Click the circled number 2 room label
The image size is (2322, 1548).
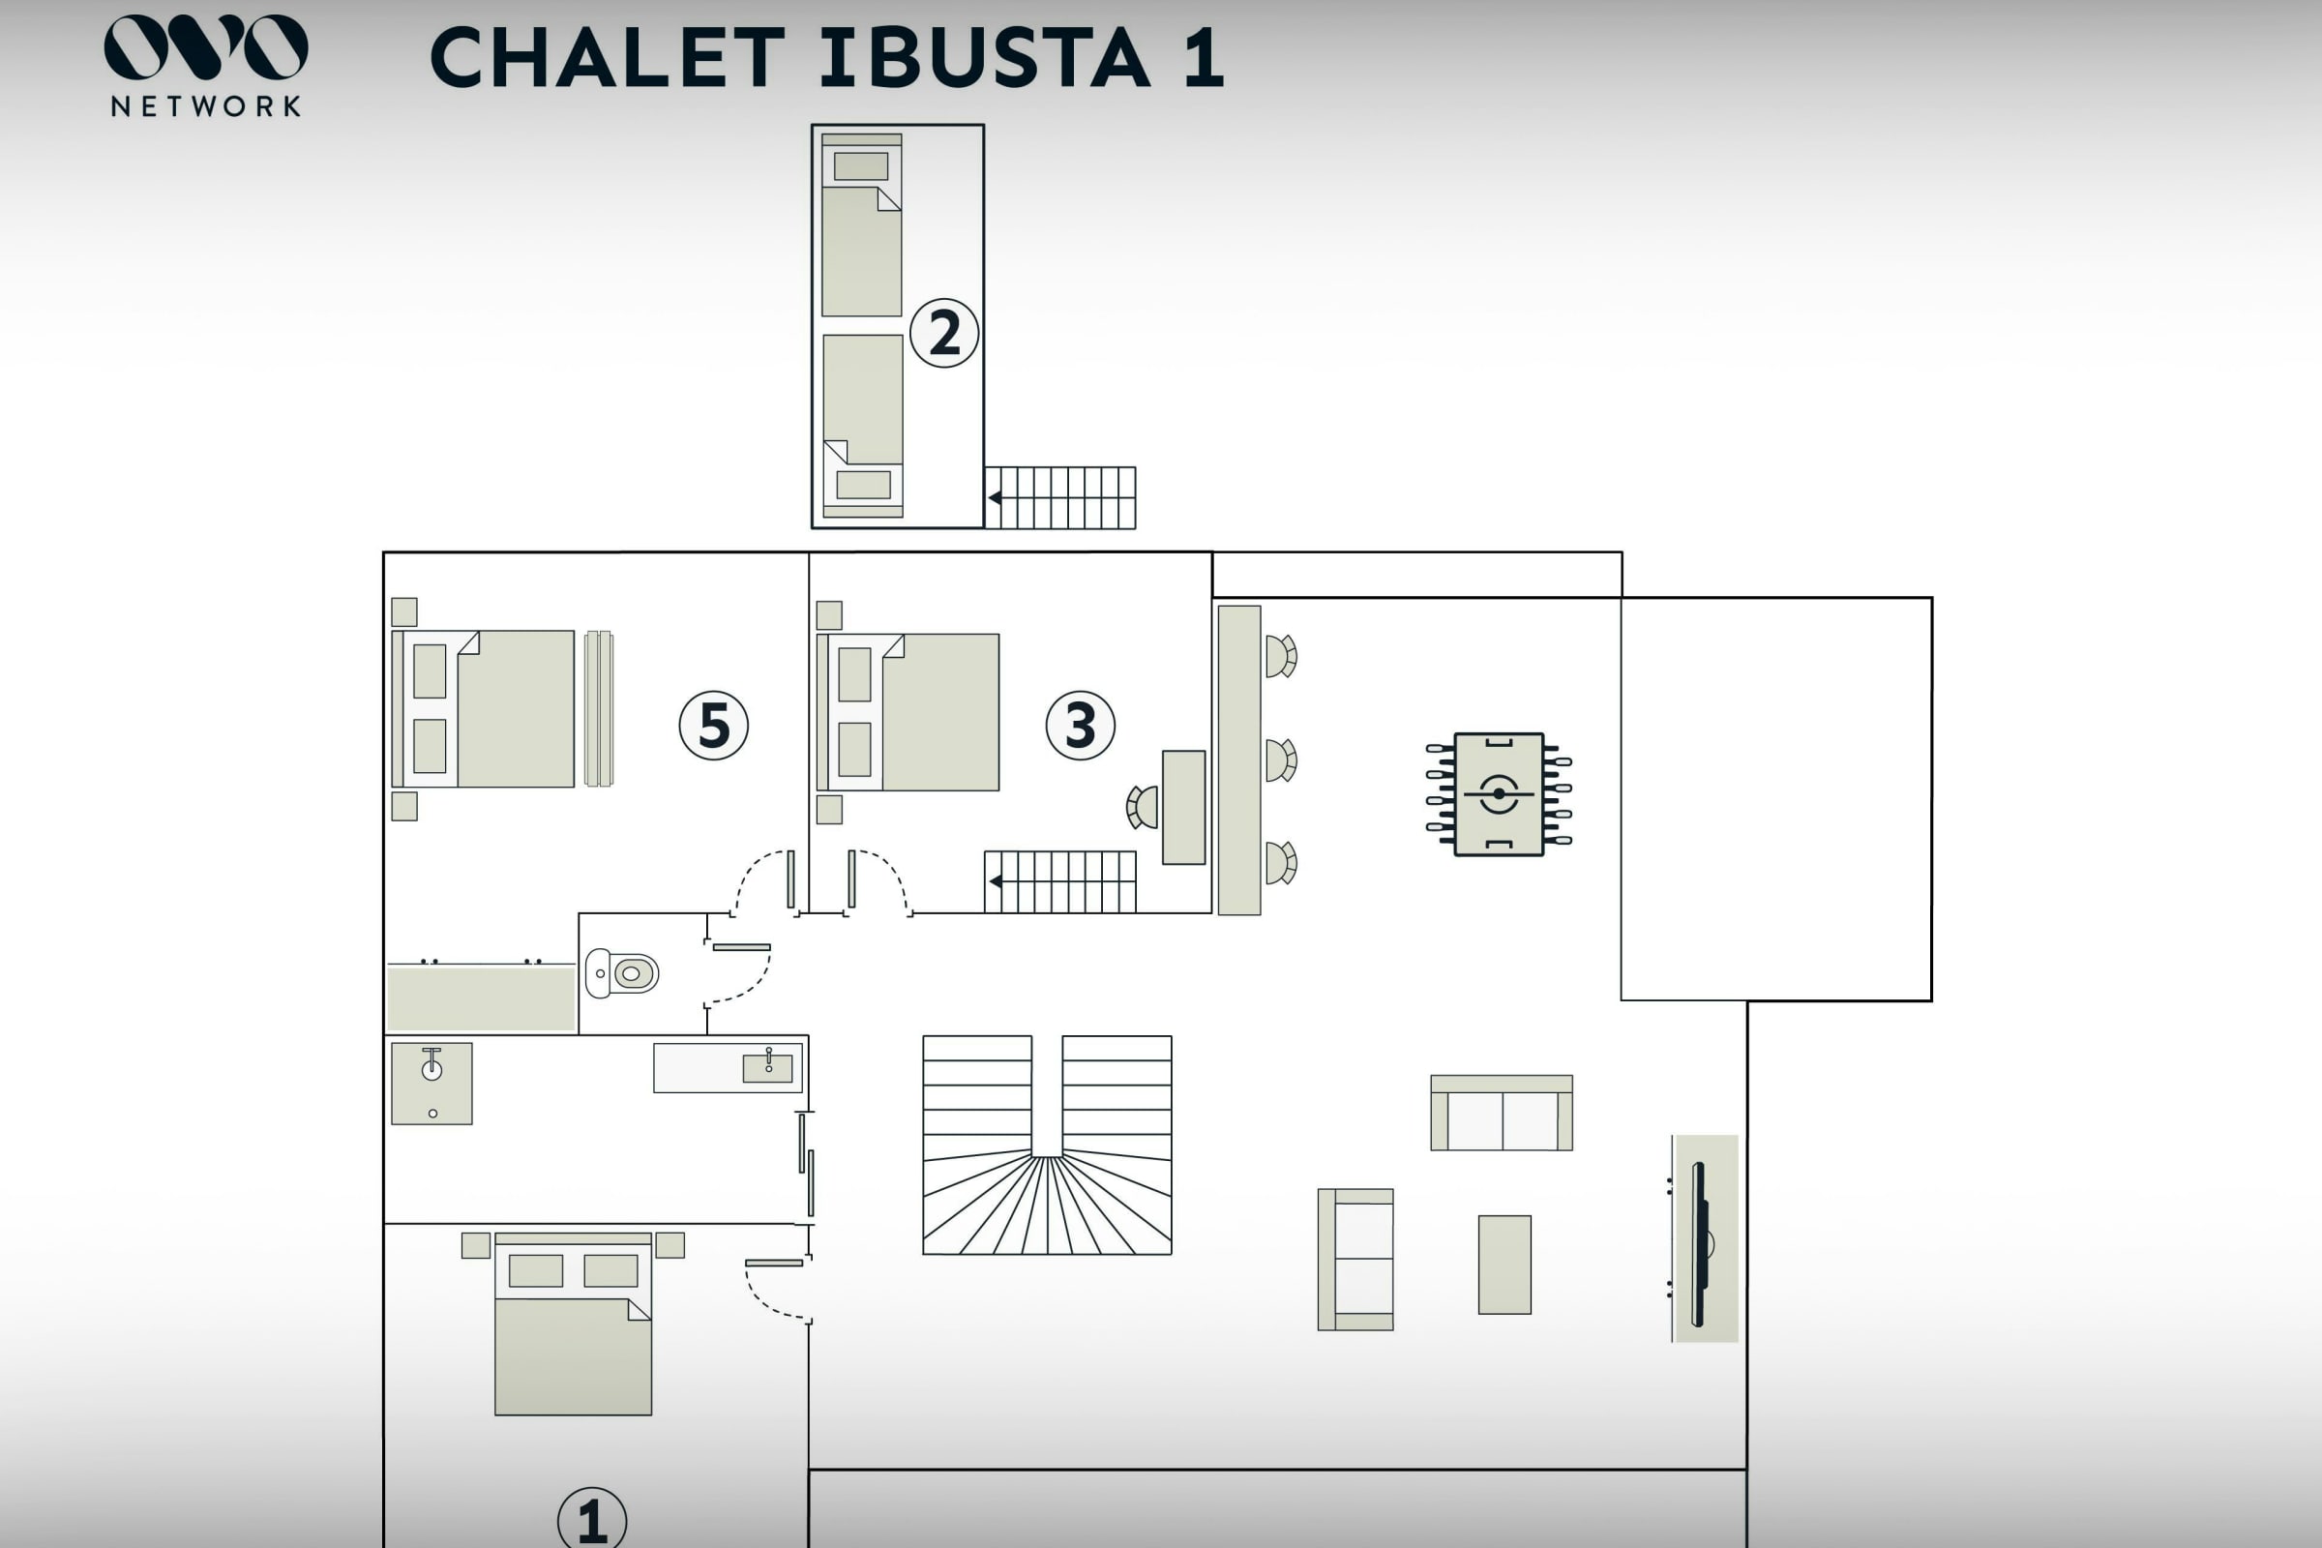(944, 334)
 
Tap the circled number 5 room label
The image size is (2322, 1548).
(714, 726)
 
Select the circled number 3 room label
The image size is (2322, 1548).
(1080, 726)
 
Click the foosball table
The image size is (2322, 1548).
(1499, 793)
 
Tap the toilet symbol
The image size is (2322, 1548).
(623, 973)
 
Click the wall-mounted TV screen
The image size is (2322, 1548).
(1699, 1244)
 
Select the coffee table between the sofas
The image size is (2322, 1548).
(1504, 1265)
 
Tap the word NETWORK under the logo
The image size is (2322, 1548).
(205, 106)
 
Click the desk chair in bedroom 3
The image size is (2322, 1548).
(1144, 808)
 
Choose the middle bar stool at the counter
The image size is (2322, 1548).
(1280, 760)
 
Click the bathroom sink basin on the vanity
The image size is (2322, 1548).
(767, 1067)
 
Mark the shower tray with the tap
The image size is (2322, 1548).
(432, 1083)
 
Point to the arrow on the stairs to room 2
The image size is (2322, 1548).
(996, 497)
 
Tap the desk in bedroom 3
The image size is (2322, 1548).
(1183, 808)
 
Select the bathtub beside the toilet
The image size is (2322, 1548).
(481, 998)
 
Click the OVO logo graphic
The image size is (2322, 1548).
(205, 47)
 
